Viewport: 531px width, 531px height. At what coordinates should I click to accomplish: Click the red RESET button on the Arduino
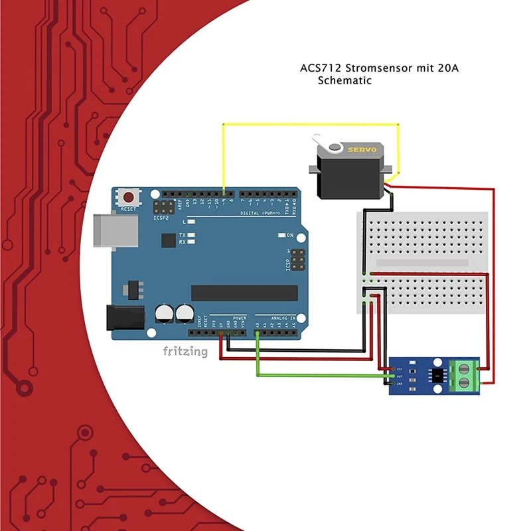coord(128,197)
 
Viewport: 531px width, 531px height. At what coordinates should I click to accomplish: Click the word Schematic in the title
coord(344,80)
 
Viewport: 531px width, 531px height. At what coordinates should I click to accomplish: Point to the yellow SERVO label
coord(362,150)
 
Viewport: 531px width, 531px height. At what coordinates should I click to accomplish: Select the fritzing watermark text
coord(185,351)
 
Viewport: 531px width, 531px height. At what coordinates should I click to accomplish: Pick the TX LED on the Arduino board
coord(191,236)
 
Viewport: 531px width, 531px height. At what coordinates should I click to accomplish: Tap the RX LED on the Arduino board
coord(191,242)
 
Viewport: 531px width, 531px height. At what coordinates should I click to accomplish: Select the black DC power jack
coord(124,317)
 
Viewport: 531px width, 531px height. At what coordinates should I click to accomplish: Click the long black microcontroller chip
coord(244,293)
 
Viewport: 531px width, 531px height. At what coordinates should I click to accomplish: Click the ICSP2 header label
coord(161,217)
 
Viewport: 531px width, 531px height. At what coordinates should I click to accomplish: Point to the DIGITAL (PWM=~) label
coord(260,213)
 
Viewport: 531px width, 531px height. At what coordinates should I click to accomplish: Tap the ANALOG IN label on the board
coord(284,318)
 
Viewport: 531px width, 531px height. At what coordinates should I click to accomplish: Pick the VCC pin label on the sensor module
coord(400,369)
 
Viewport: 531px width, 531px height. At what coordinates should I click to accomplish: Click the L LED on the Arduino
coord(191,221)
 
